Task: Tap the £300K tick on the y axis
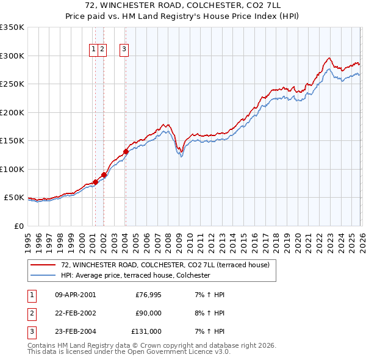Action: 12,56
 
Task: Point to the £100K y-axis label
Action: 12,169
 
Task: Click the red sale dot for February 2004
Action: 126,152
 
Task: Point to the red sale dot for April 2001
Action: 95,182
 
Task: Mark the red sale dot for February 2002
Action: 104,175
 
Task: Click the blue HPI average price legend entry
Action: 135,275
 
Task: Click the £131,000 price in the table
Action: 146,331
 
